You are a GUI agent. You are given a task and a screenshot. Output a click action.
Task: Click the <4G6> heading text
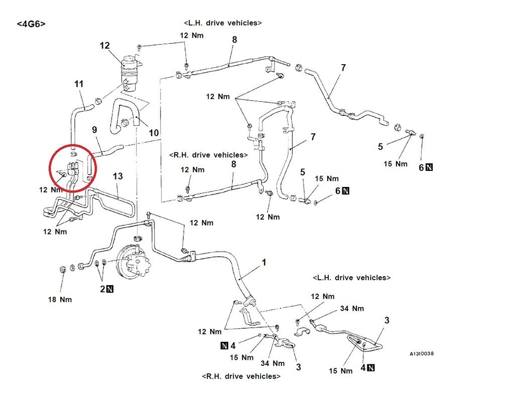[31, 23]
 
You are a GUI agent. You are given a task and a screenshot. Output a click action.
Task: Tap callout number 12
[104, 46]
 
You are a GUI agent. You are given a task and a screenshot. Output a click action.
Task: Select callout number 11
[79, 84]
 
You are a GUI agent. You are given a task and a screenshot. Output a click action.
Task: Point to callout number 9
[94, 129]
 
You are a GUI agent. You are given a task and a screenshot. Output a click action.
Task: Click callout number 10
[154, 133]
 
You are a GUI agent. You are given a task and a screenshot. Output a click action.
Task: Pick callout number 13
[117, 176]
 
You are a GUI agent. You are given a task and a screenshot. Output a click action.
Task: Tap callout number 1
[264, 262]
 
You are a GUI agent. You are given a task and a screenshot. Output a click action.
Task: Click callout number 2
[102, 289]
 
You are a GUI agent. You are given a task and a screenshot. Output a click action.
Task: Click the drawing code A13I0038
[421, 353]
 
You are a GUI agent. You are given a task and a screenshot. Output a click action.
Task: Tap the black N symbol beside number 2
[110, 289]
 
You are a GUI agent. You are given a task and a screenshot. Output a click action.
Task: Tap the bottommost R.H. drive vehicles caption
[241, 376]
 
